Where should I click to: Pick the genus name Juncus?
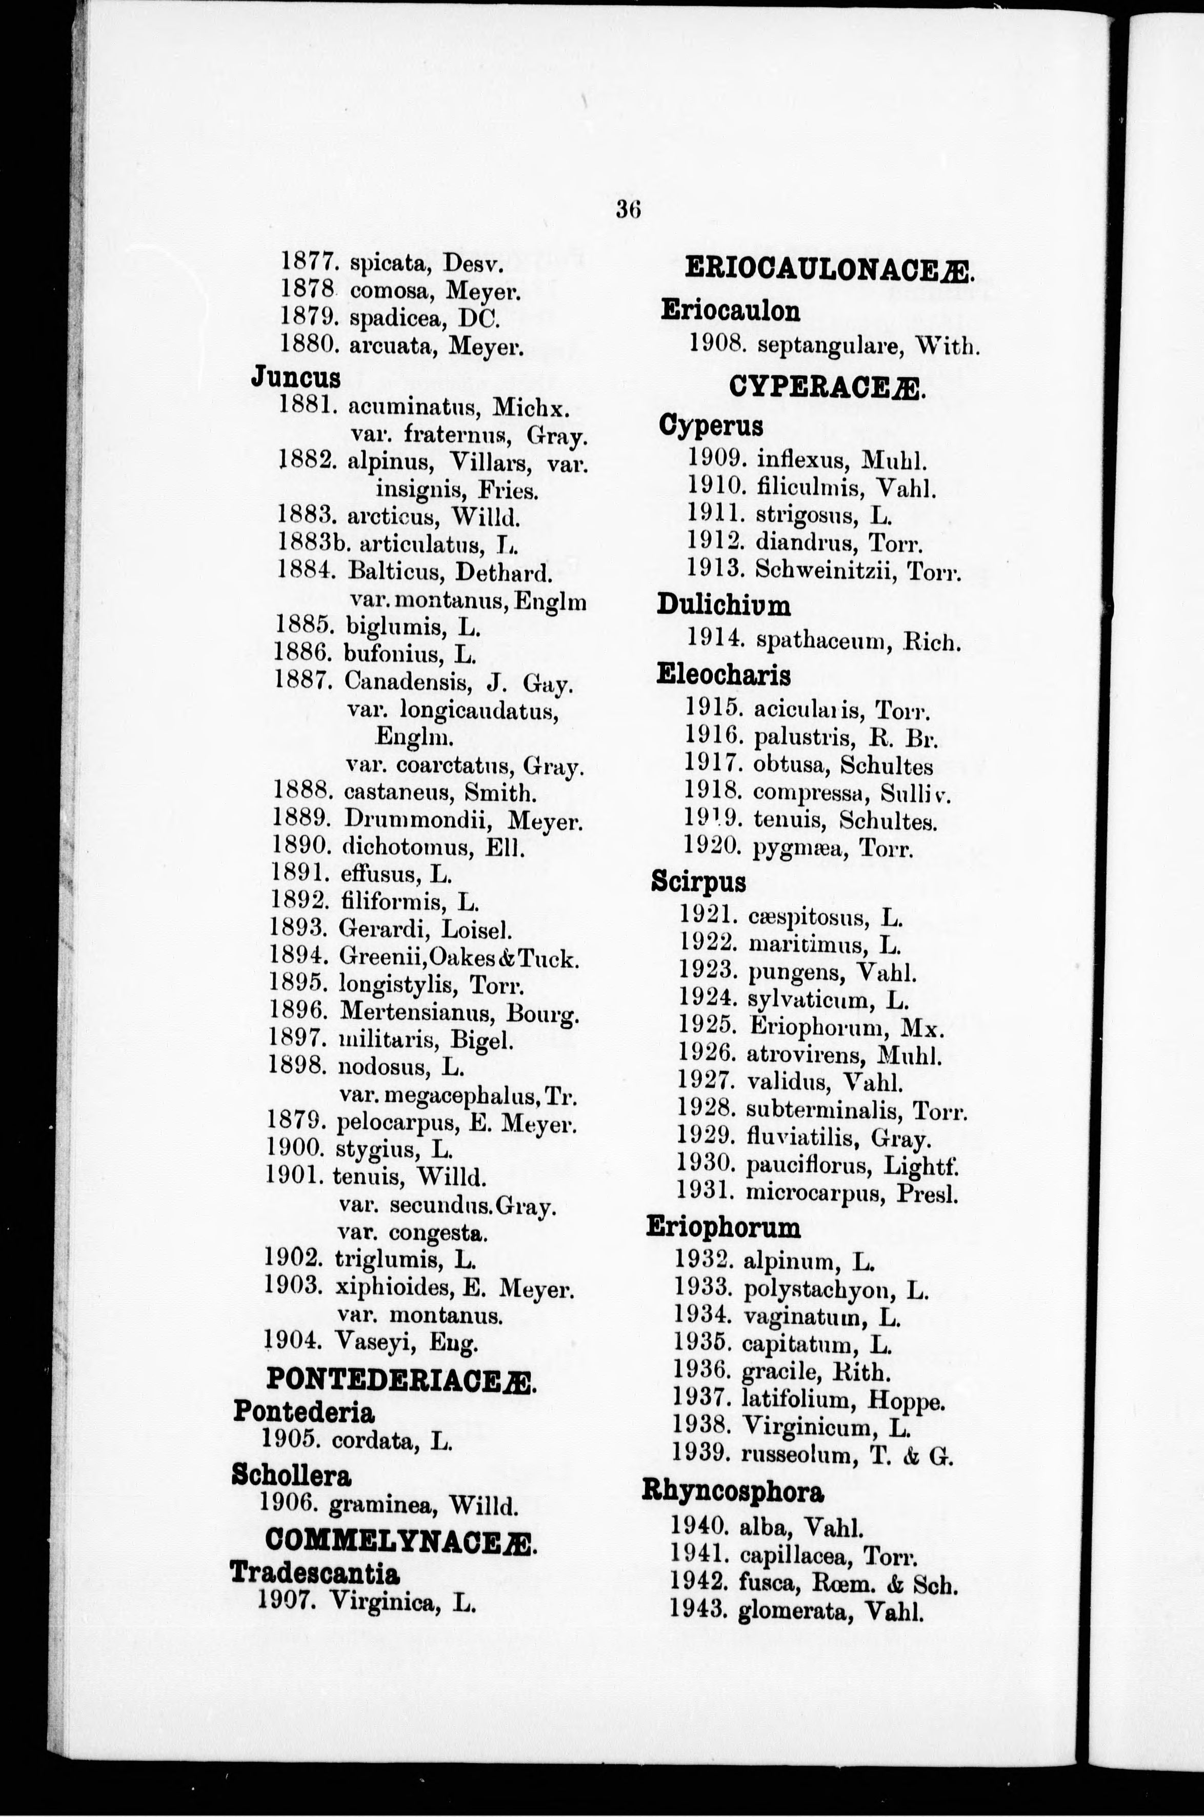pos(296,378)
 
